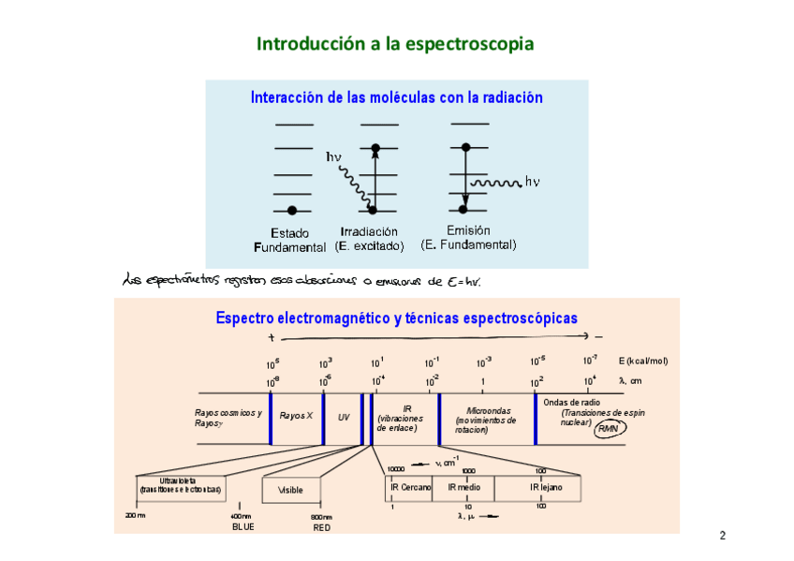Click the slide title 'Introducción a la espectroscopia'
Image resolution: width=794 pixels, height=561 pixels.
click(395, 44)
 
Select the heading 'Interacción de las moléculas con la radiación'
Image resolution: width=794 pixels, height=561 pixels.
click(396, 97)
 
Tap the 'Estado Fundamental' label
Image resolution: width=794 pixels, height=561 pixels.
click(290, 240)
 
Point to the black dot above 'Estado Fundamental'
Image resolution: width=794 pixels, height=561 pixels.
click(292, 210)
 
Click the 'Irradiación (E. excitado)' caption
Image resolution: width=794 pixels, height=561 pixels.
click(369, 239)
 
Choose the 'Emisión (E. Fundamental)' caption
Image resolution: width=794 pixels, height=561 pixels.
click(468, 238)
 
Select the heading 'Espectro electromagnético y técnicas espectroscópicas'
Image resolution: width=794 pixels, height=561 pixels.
click(396, 318)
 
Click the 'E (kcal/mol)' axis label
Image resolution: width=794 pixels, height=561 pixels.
click(642, 361)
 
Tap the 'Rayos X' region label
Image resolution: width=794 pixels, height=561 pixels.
click(296, 416)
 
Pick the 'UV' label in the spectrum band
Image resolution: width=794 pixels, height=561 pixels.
click(344, 417)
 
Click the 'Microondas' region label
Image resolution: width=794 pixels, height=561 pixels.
click(486, 421)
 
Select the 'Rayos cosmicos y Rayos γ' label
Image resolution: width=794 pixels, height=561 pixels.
click(228, 418)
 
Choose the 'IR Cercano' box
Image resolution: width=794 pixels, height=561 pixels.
click(410, 488)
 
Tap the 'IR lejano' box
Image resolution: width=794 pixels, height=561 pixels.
click(545, 488)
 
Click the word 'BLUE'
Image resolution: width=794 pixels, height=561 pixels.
click(243, 527)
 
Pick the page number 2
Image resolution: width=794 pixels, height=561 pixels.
click(722, 537)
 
